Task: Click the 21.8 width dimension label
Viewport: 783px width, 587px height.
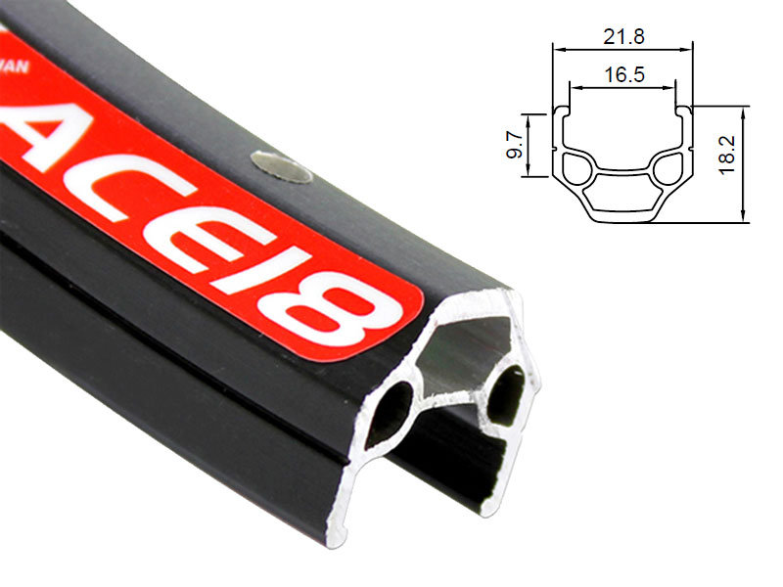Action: [622, 36]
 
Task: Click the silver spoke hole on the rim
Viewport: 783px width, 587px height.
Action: [282, 166]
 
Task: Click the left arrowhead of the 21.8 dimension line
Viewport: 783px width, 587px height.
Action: [556, 47]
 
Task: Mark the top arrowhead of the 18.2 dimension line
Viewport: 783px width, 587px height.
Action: [746, 110]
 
